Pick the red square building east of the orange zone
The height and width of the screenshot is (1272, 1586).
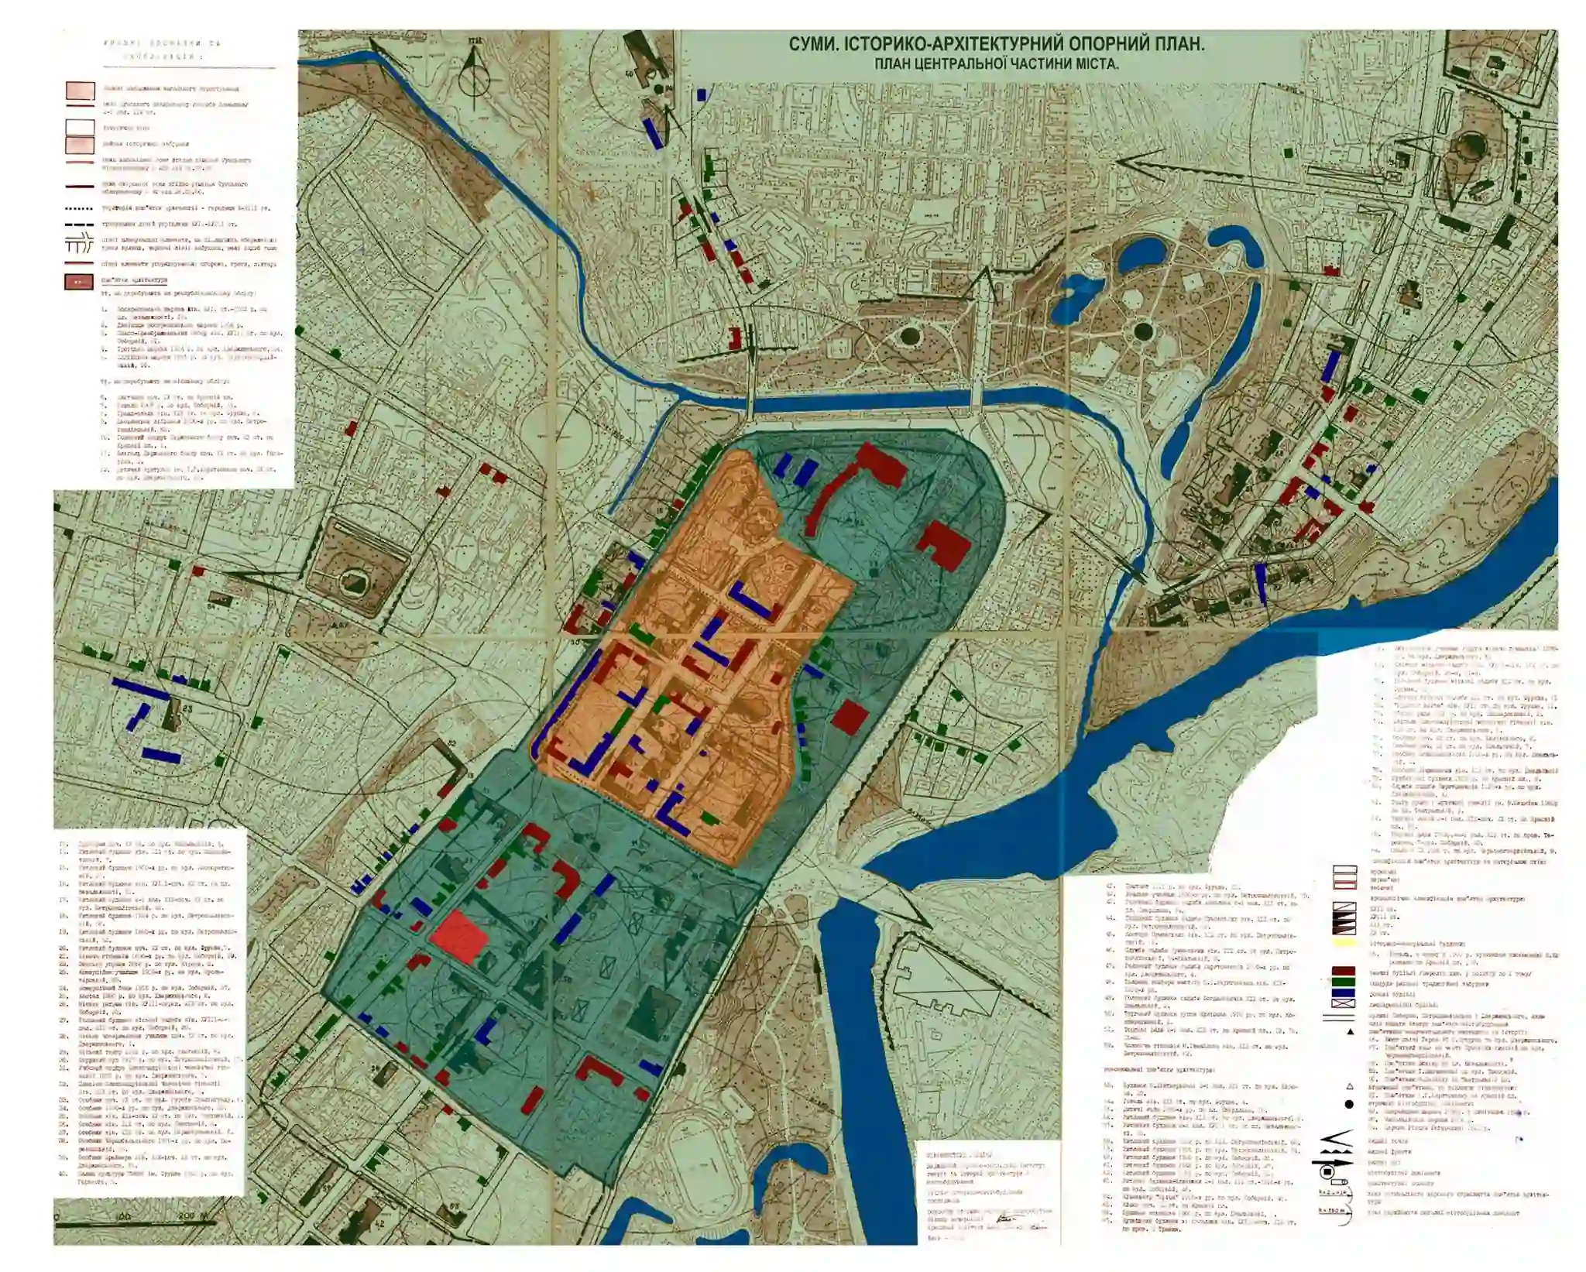coord(850,717)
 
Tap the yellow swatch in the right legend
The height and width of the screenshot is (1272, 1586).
coord(1344,944)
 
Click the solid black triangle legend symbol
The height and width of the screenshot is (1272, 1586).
coord(1350,1032)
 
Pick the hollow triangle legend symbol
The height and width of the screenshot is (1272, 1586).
coord(1350,1086)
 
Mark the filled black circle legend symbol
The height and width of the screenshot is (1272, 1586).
coord(1349,1104)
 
